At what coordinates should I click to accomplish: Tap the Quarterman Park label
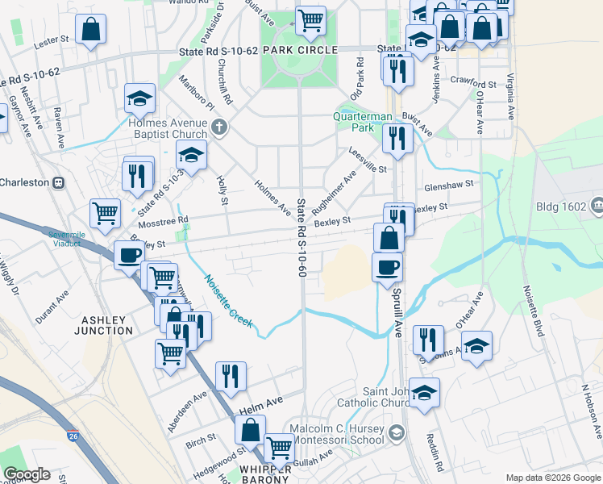click(364, 122)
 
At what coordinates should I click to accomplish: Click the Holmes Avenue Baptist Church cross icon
click(219, 126)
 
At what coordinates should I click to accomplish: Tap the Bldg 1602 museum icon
click(597, 206)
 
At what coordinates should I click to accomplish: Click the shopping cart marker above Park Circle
click(310, 19)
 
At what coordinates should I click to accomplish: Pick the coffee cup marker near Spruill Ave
click(388, 266)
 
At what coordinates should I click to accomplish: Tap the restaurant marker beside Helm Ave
click(231, 375)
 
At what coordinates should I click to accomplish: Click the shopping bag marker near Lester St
click(92, 29)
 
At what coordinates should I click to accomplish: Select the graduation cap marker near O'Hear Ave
click(476, 346)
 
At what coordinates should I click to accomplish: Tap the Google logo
click(27, 474)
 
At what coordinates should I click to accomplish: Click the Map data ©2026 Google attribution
click(553, 478)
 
